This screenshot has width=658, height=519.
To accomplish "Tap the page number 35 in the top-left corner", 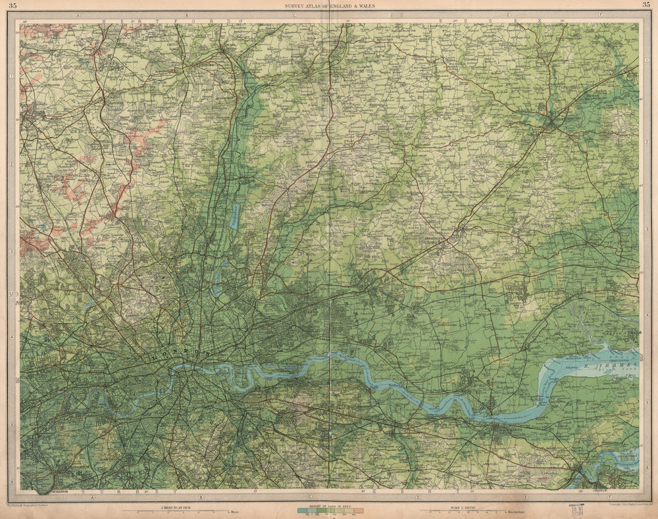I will point(13,6).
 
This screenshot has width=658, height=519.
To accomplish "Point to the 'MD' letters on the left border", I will point(13,294).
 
